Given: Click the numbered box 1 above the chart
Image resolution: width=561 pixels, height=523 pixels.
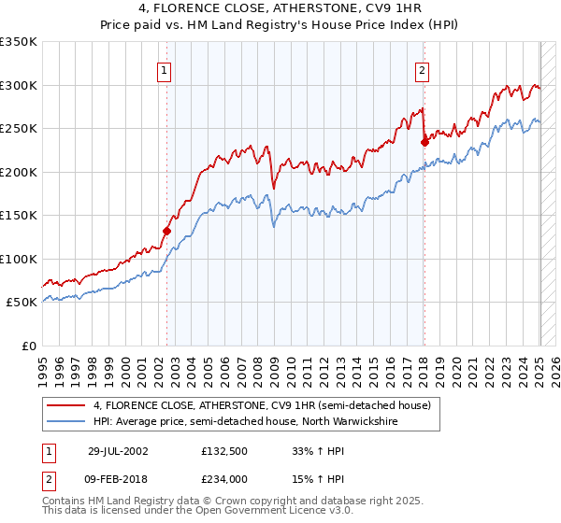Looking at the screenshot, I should [164, 69].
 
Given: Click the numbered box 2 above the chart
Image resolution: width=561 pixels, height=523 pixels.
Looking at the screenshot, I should [422, 69].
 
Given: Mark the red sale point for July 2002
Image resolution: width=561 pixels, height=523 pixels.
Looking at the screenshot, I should [166, 230].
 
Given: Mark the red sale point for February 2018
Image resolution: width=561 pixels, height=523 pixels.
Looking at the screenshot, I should [424, 142].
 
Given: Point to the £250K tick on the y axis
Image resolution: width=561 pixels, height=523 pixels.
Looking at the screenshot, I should [19, 129].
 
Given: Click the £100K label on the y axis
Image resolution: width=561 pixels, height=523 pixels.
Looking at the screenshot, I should [19, 259].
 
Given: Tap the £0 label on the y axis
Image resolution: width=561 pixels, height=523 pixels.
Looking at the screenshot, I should [29, 346].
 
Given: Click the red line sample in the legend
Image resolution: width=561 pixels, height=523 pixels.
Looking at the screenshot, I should [65, 406].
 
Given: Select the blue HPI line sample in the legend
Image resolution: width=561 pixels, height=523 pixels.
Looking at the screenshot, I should [65, 421].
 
